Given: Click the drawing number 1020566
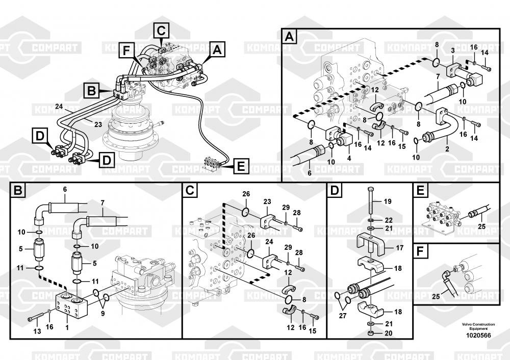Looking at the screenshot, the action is pos(478,336).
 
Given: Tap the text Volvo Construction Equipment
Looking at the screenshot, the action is pos(478,326).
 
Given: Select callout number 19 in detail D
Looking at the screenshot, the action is pos(388,201).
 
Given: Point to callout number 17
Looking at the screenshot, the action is pos(399,248).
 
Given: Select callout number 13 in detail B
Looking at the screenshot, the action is pos(37,331).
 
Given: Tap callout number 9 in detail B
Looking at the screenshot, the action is pos(103,314).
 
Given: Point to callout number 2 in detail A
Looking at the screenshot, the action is pos(447,149).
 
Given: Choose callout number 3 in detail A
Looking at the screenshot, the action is pos(453,50).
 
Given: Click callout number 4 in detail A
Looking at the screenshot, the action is pos(349,159).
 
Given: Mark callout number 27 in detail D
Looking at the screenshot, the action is pos(343,316).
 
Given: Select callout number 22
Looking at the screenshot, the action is pos(389,220).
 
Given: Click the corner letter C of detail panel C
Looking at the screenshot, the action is pos(190,190).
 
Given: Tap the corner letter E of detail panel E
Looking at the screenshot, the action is pos(420,190).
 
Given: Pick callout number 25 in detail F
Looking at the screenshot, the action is pos(436,296).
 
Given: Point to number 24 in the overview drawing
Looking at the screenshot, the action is pos(59,107).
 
